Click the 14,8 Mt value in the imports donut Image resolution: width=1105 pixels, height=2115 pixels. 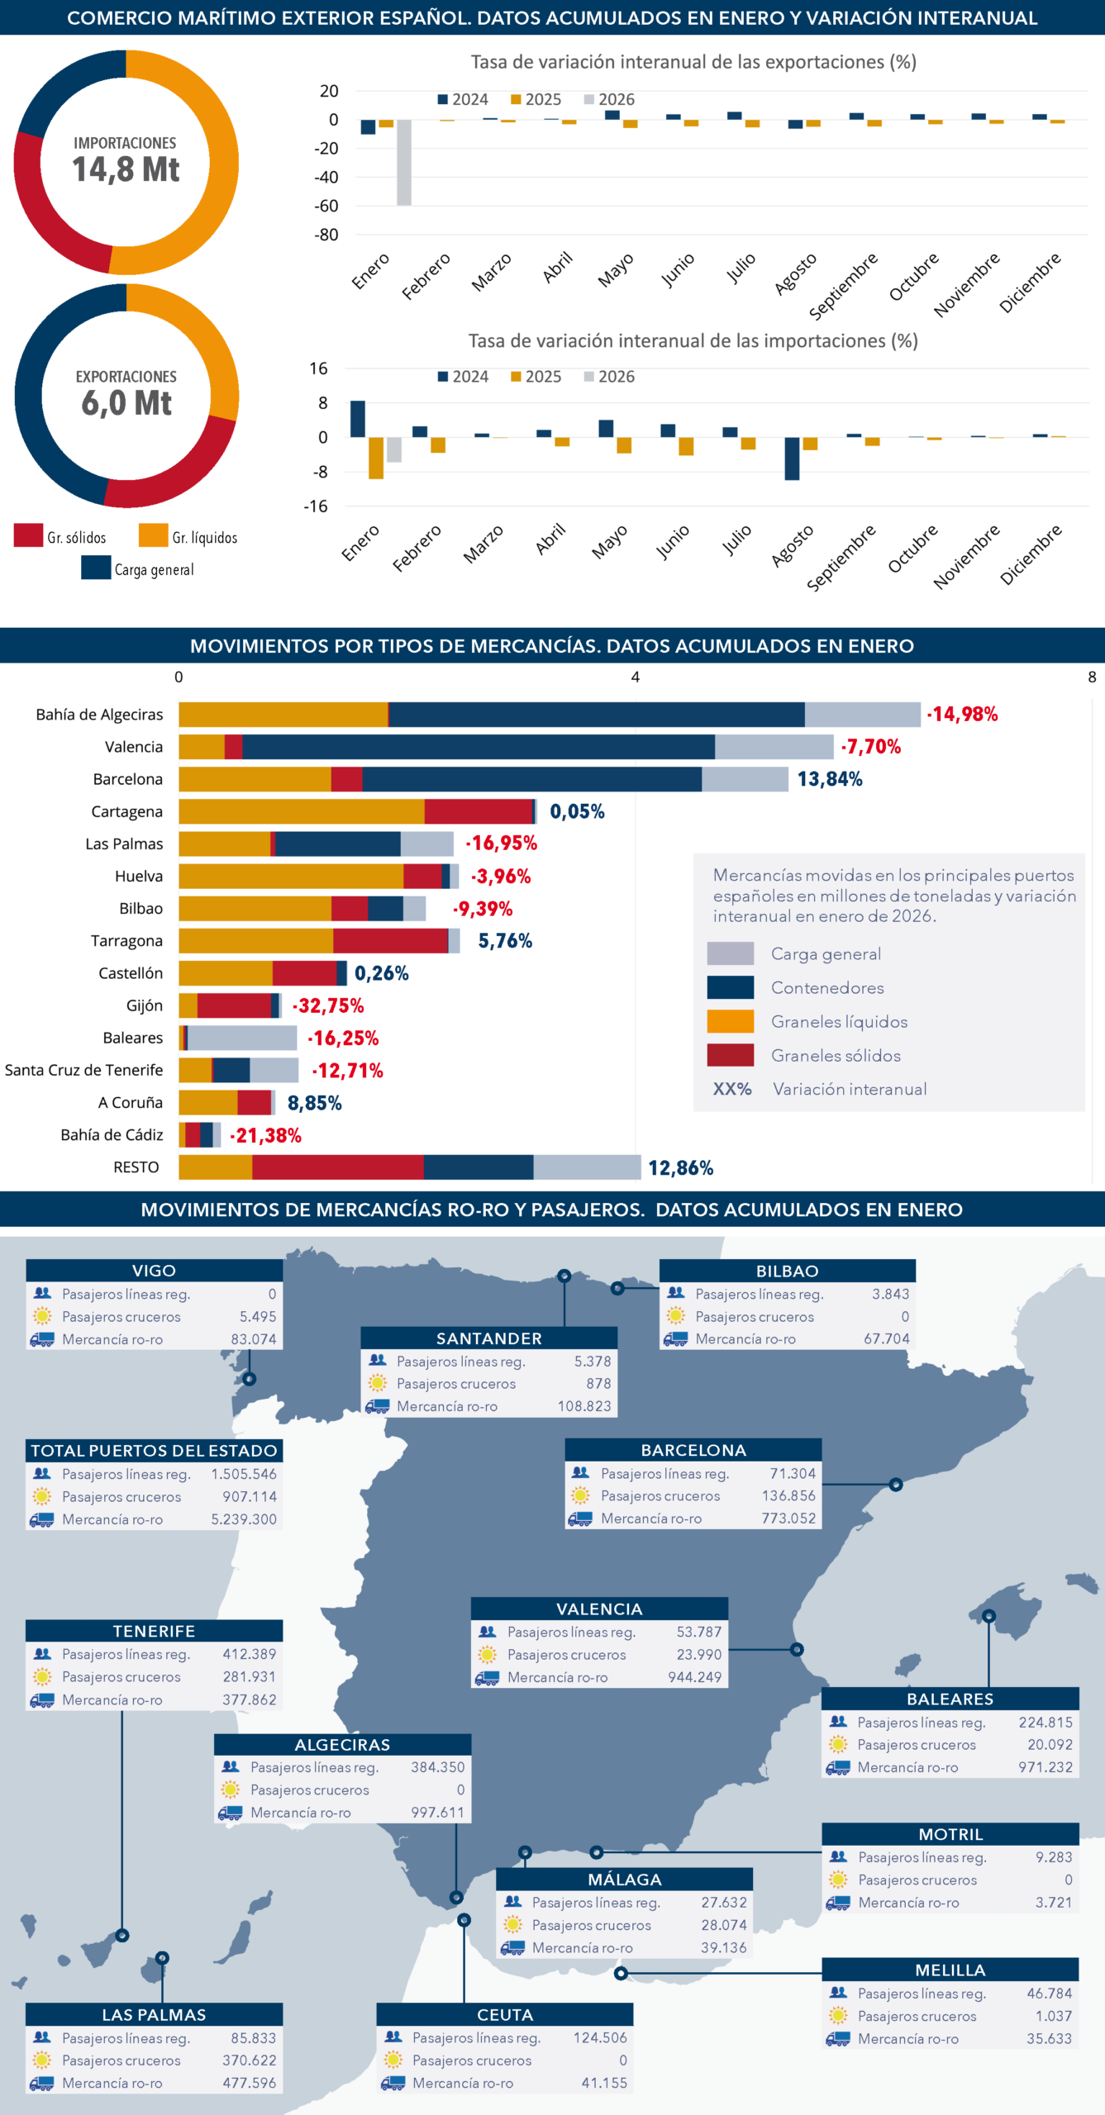click(126, 169)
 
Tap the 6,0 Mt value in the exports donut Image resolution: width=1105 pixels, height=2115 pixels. click(126, 403)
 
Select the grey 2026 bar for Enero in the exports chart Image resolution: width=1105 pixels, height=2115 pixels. click(404, 162)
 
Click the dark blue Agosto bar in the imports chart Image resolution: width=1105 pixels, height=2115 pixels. click(792, 459)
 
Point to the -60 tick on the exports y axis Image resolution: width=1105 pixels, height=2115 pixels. click(326, 206)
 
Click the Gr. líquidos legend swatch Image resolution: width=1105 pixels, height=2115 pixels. click(153, 535)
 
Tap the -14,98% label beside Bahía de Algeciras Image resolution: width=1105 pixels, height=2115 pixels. click(962, 715)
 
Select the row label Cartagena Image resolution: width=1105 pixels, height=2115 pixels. click(127, 812)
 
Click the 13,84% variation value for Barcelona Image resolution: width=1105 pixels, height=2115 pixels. click(830, 779)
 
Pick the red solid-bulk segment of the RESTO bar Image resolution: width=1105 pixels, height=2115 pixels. click(337, 1167)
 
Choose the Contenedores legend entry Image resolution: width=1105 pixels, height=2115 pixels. click(827, 988)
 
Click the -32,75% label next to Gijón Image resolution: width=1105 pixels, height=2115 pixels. click(328, 1006)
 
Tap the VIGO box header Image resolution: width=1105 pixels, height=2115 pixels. click(154, 1271)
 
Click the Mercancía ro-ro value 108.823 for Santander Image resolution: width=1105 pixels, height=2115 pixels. click(584, 1406)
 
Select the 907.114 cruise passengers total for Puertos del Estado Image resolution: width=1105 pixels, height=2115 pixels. click(249, 1496)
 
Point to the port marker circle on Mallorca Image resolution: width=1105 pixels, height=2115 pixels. click(988, 1616)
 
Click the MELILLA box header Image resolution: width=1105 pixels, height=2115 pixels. click(950, 1970)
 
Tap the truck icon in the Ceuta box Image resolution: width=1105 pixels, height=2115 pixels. click(393, 2083)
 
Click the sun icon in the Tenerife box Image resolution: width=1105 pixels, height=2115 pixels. click(42, 1677)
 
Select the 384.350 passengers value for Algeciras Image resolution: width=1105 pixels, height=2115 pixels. click(438, 1767)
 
